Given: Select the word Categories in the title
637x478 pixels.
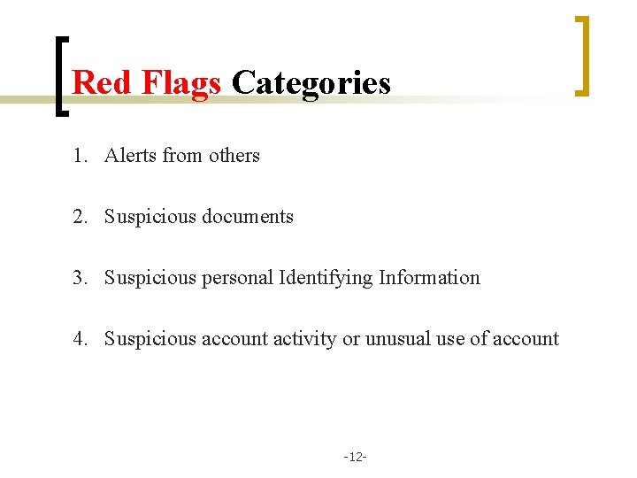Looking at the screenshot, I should (x=311, y=82).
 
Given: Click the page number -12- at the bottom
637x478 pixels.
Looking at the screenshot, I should (x=356, y=457).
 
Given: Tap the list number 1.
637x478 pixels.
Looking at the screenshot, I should (x=81, y=156).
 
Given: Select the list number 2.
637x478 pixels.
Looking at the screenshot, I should (x=81, y=217).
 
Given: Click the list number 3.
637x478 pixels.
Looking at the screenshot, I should (x=81, y=278).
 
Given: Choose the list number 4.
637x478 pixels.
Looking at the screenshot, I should (x=81, y=339).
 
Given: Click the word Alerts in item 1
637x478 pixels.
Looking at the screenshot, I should (x=130, y=156).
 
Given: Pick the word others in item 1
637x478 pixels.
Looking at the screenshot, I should (x=234, y=156).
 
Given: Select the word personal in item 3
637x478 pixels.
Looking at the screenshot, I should (x=237, y=278).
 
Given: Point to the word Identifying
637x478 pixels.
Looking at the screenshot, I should (x=326, y=278).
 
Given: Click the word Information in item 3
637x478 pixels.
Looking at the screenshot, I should (x=429, y=278).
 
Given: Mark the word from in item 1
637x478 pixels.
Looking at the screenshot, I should (x=182, y=156).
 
